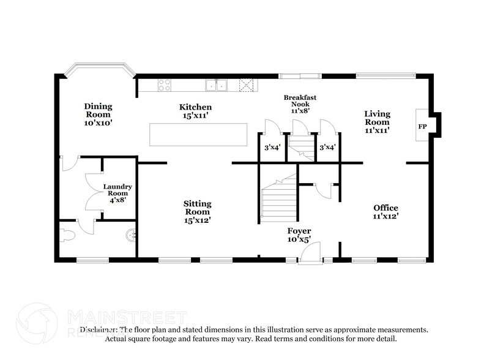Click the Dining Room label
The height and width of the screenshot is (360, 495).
(x=98, y=114)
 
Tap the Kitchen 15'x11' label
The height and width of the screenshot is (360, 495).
(x=196, y=111)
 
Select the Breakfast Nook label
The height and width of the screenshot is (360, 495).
(x=300, y=104)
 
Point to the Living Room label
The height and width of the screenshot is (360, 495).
(x=377, y=121)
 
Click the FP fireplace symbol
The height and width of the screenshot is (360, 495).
(x=422, y=126)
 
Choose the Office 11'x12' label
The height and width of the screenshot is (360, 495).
(x=385, y=212)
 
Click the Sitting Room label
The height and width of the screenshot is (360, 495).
(x=198, y=211)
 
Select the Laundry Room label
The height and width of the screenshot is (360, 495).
(x=117, y=193)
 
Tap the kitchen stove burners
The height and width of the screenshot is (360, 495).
(x=165, y=85)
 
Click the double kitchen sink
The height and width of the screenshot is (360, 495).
(x=216, y=85)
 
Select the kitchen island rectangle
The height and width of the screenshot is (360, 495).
(x=199, y=135)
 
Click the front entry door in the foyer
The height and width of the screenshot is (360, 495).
(x=310, y=252)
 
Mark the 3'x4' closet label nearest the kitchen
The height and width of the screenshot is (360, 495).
(x=271, y=147)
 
